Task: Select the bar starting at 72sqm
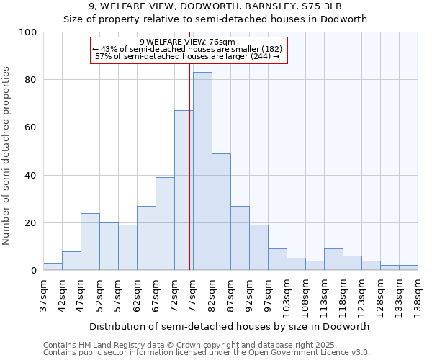coord(184,191)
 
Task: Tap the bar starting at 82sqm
coord(221,212)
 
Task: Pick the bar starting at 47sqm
coord(90,242)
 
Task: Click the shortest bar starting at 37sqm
coord(53,266)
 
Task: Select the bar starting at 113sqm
coord(333,259)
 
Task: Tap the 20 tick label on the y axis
coord(31,223)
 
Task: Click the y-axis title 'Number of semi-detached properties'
coord(6,156)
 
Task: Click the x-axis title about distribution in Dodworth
coord(230,326)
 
